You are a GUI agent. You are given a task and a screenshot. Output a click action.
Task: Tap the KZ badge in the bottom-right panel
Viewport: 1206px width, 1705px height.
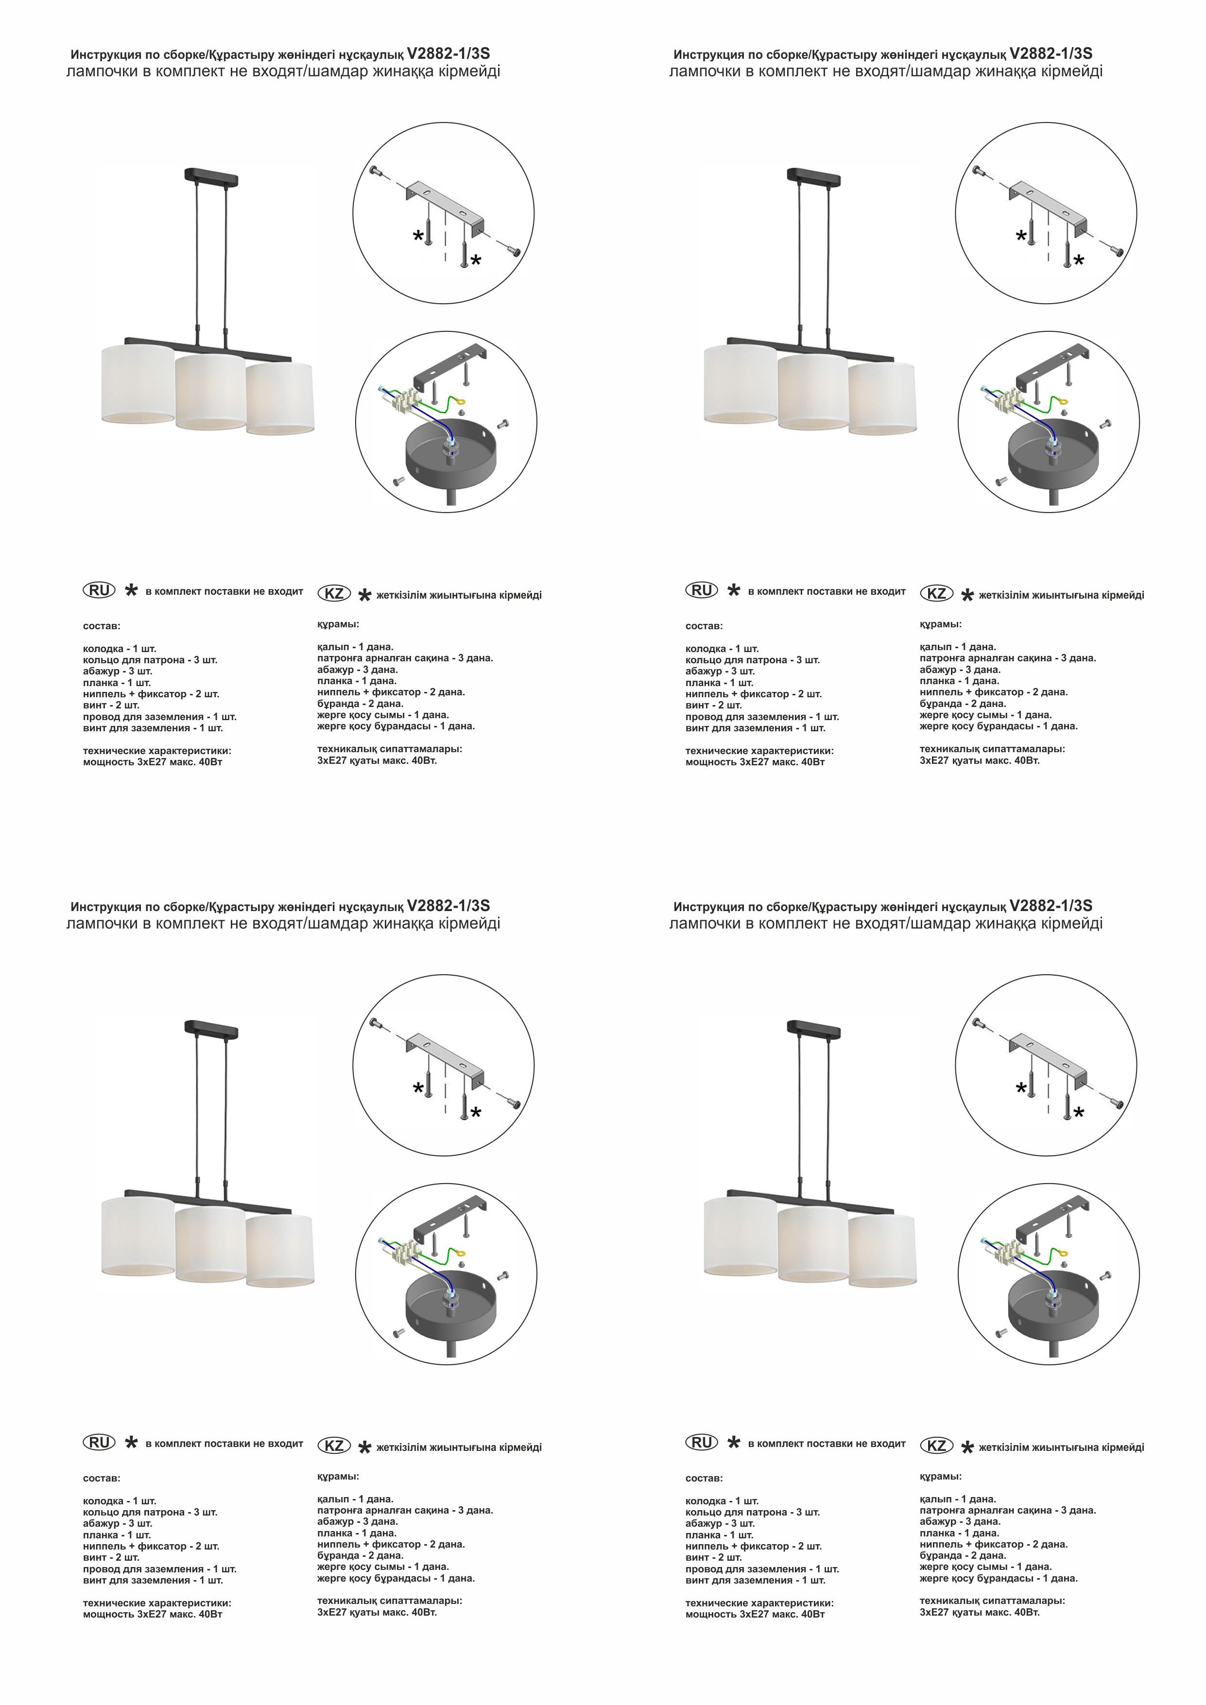click(936, 1445)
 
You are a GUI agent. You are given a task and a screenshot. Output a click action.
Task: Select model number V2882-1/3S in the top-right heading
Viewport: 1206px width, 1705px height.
click(1051, 53)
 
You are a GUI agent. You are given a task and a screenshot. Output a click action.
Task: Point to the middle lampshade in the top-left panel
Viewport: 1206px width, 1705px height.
click(210, 392)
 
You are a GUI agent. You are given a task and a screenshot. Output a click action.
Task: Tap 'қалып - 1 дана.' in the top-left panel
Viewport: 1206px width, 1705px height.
click(355, 647)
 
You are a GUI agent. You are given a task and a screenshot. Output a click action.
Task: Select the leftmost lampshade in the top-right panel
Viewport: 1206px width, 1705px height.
click(740, 385)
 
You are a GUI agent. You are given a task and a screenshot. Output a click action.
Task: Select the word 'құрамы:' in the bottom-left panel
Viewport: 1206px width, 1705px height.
click(338, 1476)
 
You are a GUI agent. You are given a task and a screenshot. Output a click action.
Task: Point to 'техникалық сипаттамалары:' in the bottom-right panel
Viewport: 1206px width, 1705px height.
click(992, 1601)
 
